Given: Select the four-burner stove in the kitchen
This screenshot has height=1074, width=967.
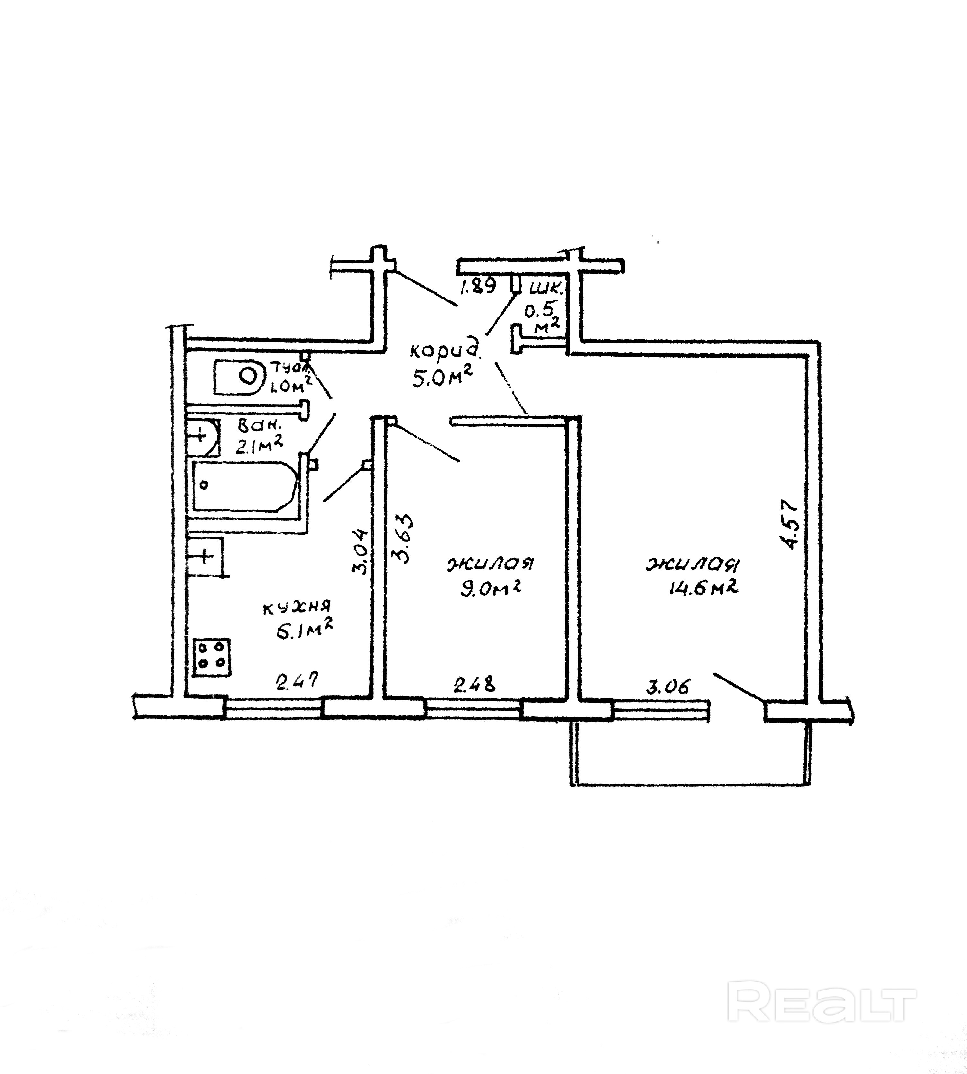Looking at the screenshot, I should (211, 657).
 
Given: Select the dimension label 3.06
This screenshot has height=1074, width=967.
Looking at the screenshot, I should (668, 687).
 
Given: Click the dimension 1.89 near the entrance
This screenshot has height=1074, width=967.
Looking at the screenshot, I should (478, 287).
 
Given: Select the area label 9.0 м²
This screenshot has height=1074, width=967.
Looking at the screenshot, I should (490, 588).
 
